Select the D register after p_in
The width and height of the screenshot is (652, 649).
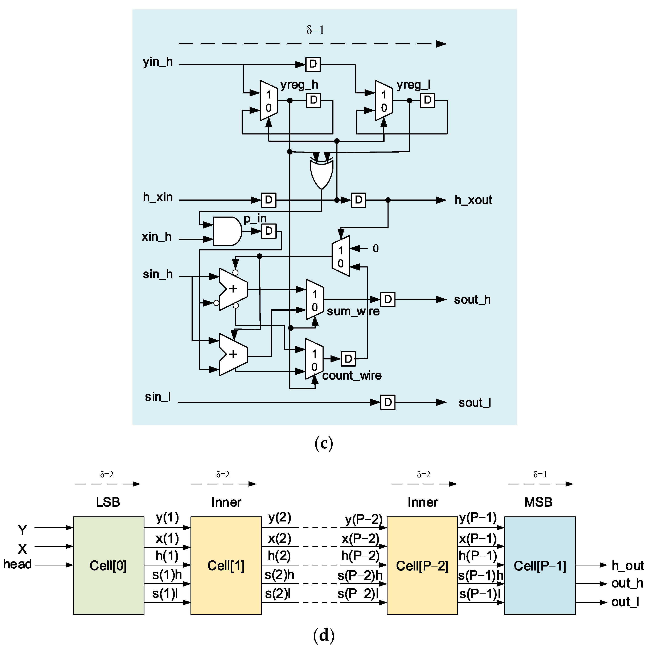coord(269,231)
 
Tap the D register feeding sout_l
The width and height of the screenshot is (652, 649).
coord(388,402)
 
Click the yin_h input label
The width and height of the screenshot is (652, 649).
coord(158,62)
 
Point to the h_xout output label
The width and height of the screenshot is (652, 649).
coord(473,200)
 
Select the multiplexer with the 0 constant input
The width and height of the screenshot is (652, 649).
coord(341,256)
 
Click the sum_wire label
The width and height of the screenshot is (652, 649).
coord(353,311)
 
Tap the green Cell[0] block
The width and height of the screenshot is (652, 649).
coord(108,565)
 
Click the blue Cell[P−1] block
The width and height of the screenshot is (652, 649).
coord(540,565)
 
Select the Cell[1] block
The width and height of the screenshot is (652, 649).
coord(226,565)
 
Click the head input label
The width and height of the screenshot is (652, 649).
coord(17,564)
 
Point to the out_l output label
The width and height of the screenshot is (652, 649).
coord(625,602)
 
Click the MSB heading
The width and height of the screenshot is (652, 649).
coord(538,502)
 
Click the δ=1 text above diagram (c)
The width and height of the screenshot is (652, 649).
coord(315,30)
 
